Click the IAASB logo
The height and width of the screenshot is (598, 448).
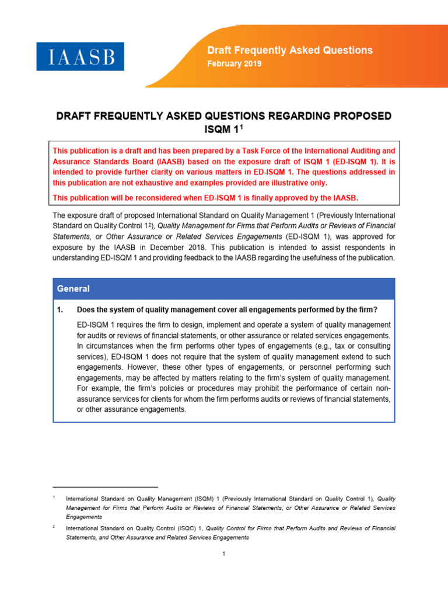(80, 57)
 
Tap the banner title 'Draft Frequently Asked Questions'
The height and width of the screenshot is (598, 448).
(290, 50)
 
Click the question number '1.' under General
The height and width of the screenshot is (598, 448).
(60, 310)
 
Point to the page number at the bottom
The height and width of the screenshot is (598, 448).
(223, 554)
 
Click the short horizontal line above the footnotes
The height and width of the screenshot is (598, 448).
(105, 486)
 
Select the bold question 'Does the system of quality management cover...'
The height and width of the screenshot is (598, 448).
(228, 310)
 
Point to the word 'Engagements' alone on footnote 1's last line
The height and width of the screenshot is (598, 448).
(84, 517)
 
